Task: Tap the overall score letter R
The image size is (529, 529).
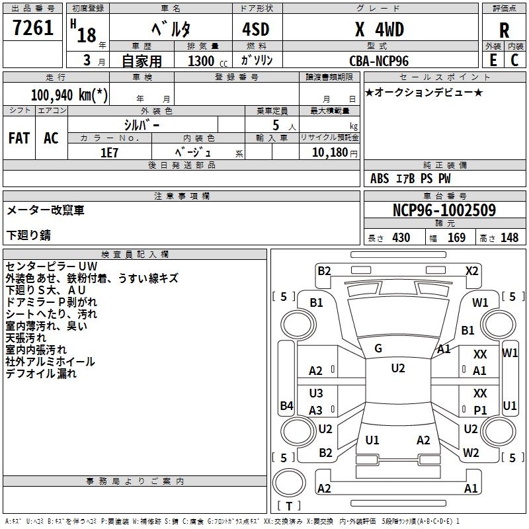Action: pos(505,30)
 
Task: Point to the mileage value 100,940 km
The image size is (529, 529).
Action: pos(69,95)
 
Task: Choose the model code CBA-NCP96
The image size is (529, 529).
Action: pos(379,60)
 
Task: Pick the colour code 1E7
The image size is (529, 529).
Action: pos(109,151)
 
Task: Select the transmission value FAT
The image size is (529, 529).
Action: pos(19,138)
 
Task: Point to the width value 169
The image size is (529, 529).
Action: pos(457,238)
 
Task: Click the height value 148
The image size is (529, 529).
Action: pos(509,238)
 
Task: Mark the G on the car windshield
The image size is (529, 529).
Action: pos(378,348)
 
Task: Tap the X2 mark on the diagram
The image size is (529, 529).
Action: pos(471,270)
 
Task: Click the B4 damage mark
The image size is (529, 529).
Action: pos(286,405)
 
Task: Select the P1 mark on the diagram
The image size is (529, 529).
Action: pos(480,410)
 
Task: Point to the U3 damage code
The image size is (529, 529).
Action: pos(316,393)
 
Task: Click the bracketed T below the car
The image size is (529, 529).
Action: pos(289,507)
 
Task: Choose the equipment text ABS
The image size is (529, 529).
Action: pos(380,179)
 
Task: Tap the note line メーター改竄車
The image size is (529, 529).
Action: pos(46,210)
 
